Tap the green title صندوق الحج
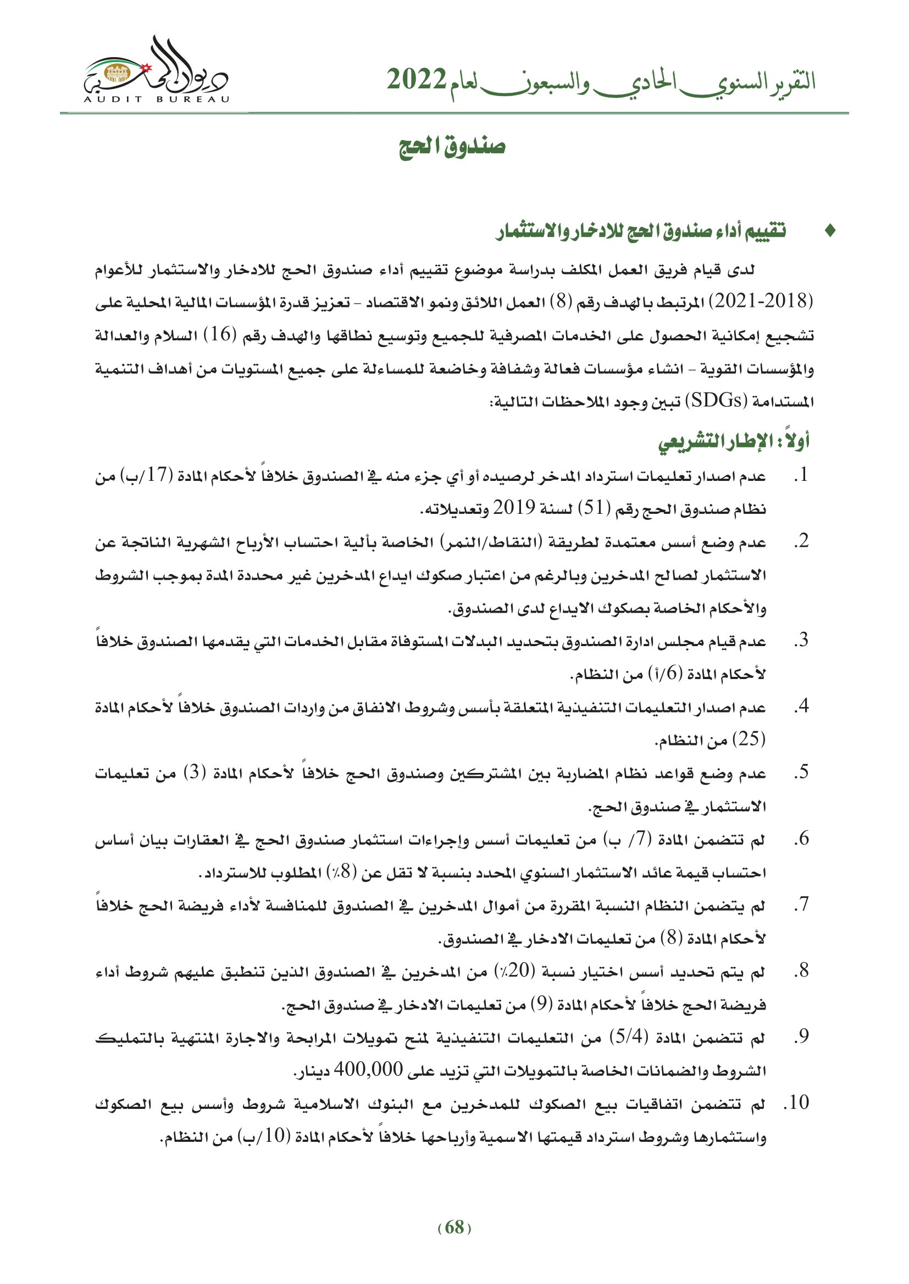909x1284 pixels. point(452,147)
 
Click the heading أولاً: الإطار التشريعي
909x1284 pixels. point(734,441)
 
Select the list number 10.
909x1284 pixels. point(799,1103)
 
